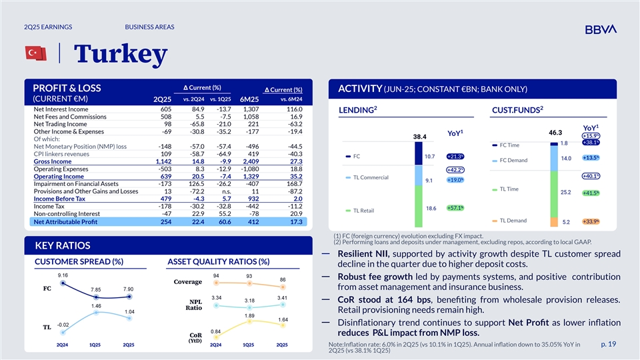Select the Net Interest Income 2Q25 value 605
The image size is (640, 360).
coord(166,109)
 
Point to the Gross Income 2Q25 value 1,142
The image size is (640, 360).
coord(163,161)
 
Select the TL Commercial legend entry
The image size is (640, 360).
coord(375,177)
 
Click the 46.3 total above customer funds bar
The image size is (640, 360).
coord(556,133)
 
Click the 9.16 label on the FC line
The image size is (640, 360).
coord(62,275)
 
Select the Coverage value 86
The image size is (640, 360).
coord(282,279)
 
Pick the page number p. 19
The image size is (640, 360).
coord(608,344)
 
